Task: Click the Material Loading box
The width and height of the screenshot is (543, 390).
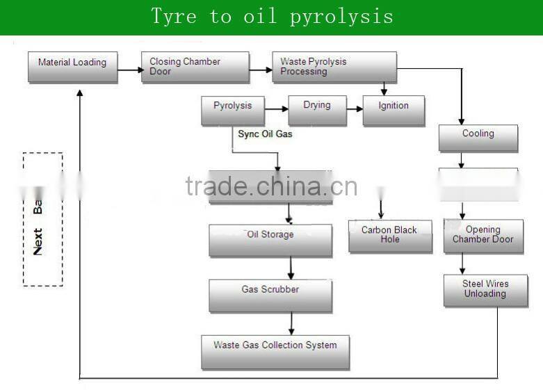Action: click(72, 66)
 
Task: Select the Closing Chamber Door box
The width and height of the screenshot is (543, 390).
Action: click(195, 67)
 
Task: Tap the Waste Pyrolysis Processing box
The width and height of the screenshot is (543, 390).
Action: click(334, 67)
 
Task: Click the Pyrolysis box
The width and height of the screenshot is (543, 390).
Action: click(232, 110)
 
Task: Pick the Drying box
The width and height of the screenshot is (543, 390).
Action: click(317, 110)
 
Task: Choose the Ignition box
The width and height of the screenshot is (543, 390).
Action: click(394, 110)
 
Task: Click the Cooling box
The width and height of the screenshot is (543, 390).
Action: click(478, 137)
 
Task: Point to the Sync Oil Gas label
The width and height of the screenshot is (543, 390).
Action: click(265, 133)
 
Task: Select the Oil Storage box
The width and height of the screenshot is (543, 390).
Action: click(270, 239)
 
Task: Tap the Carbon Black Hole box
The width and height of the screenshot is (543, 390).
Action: click(390, 235)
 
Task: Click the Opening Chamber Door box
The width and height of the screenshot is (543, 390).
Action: click(483, 235)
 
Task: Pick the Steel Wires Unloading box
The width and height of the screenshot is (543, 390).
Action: click(485, 290)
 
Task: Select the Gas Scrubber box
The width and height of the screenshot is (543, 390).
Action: click(270, 294)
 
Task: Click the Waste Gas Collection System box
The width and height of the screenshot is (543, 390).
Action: click(275, 351)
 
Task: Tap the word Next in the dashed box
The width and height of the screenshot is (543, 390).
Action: click(38, 241)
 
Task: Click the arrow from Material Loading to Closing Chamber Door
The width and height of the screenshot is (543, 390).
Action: click(129, 70)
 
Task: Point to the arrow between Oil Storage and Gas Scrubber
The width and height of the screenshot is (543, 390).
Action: click(291, 268)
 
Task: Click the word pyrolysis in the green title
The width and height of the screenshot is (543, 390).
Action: click(341, 16)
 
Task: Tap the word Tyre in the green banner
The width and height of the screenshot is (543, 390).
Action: click(174, 16)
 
